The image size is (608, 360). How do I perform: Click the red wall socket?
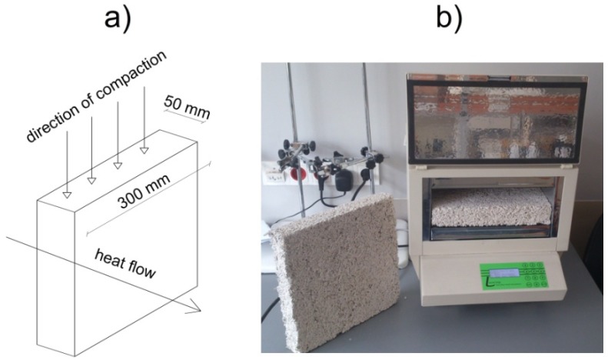pos(315,171)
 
